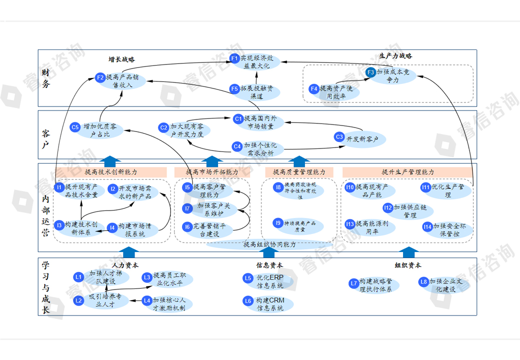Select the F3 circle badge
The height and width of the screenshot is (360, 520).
[370, 72]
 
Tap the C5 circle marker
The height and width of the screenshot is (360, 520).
[75, 127]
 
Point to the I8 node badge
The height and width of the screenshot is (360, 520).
[278, 187]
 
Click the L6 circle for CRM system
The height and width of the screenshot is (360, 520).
[248, 301]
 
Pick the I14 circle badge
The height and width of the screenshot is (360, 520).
[426, 226]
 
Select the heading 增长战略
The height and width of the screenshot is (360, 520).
[121, 59]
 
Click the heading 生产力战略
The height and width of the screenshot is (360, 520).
[395, 55]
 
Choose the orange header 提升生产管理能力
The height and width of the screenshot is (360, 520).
[407, 171]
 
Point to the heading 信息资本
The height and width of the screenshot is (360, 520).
[269, 265]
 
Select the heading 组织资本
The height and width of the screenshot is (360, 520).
[408, 265]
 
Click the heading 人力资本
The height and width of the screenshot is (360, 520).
[125, 265]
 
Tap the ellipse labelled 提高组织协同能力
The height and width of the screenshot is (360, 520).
[269, 244]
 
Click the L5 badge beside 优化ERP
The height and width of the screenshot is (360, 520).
[248, 278]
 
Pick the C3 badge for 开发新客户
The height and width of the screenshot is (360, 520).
[339, 137]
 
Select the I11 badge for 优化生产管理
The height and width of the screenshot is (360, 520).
[425, 187]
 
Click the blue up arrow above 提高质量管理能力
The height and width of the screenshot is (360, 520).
[299, 160]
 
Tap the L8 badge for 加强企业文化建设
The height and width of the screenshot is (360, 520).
[424, 282]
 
